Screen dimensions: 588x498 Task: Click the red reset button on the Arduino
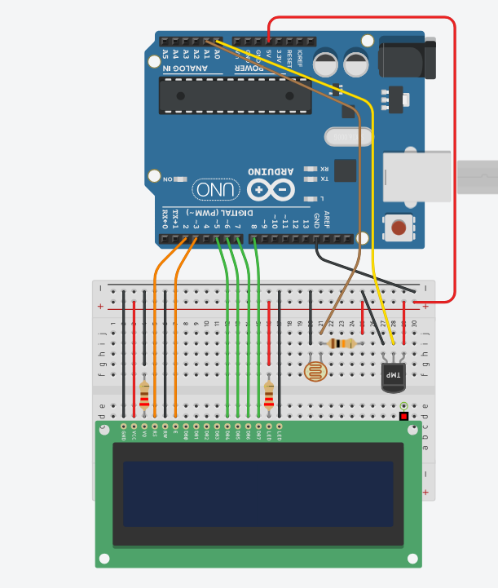[x=399, y=227]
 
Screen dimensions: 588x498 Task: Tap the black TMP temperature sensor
[x=393, y=376]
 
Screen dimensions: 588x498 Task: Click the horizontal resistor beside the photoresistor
[x=342, y=343]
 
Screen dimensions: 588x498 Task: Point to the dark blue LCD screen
[x=258, y=493]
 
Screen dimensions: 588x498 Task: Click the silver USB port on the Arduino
[x=416, y=176]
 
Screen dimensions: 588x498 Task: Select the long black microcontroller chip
[x=236, y=96]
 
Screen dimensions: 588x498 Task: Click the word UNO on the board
[x=217, y=190]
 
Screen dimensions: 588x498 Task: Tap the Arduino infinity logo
[x=271, y=190]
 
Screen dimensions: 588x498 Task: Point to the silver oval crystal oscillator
[x=347, y=137]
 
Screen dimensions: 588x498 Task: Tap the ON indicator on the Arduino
[x=174, y=179]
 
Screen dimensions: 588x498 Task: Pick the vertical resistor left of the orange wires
[x=144, y=395]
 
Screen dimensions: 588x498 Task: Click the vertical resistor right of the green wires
[x=269, y=395]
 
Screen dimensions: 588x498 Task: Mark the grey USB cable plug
[x=476, y=177]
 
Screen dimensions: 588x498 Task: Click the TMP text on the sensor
[x=394, y=375]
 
